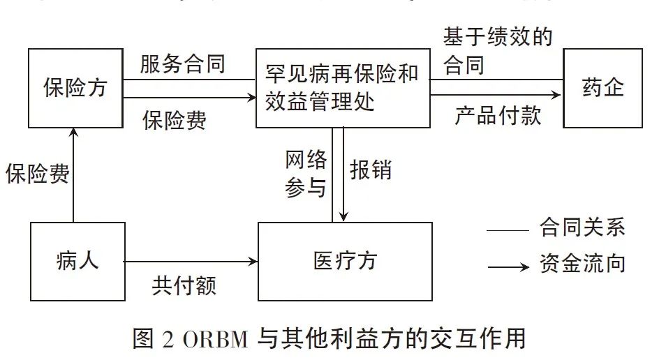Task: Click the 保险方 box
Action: pos(75,87)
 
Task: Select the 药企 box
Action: pos(602,87)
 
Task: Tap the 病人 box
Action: pos(77,261)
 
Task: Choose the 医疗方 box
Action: pos(345,261)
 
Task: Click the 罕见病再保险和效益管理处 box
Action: pos(342,88)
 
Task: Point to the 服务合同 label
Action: pos(182,65)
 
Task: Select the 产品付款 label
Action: pos(498,114)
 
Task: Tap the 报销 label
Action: pos(371,170)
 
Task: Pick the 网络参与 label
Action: pos(306,174)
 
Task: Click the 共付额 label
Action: pos(184,285)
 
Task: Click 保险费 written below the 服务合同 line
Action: pos(175,120)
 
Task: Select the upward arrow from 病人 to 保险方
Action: pos(73,174)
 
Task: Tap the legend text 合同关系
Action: pos(582,227)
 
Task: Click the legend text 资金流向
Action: pos(582,263)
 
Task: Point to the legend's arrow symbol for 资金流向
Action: pos(508,266)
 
